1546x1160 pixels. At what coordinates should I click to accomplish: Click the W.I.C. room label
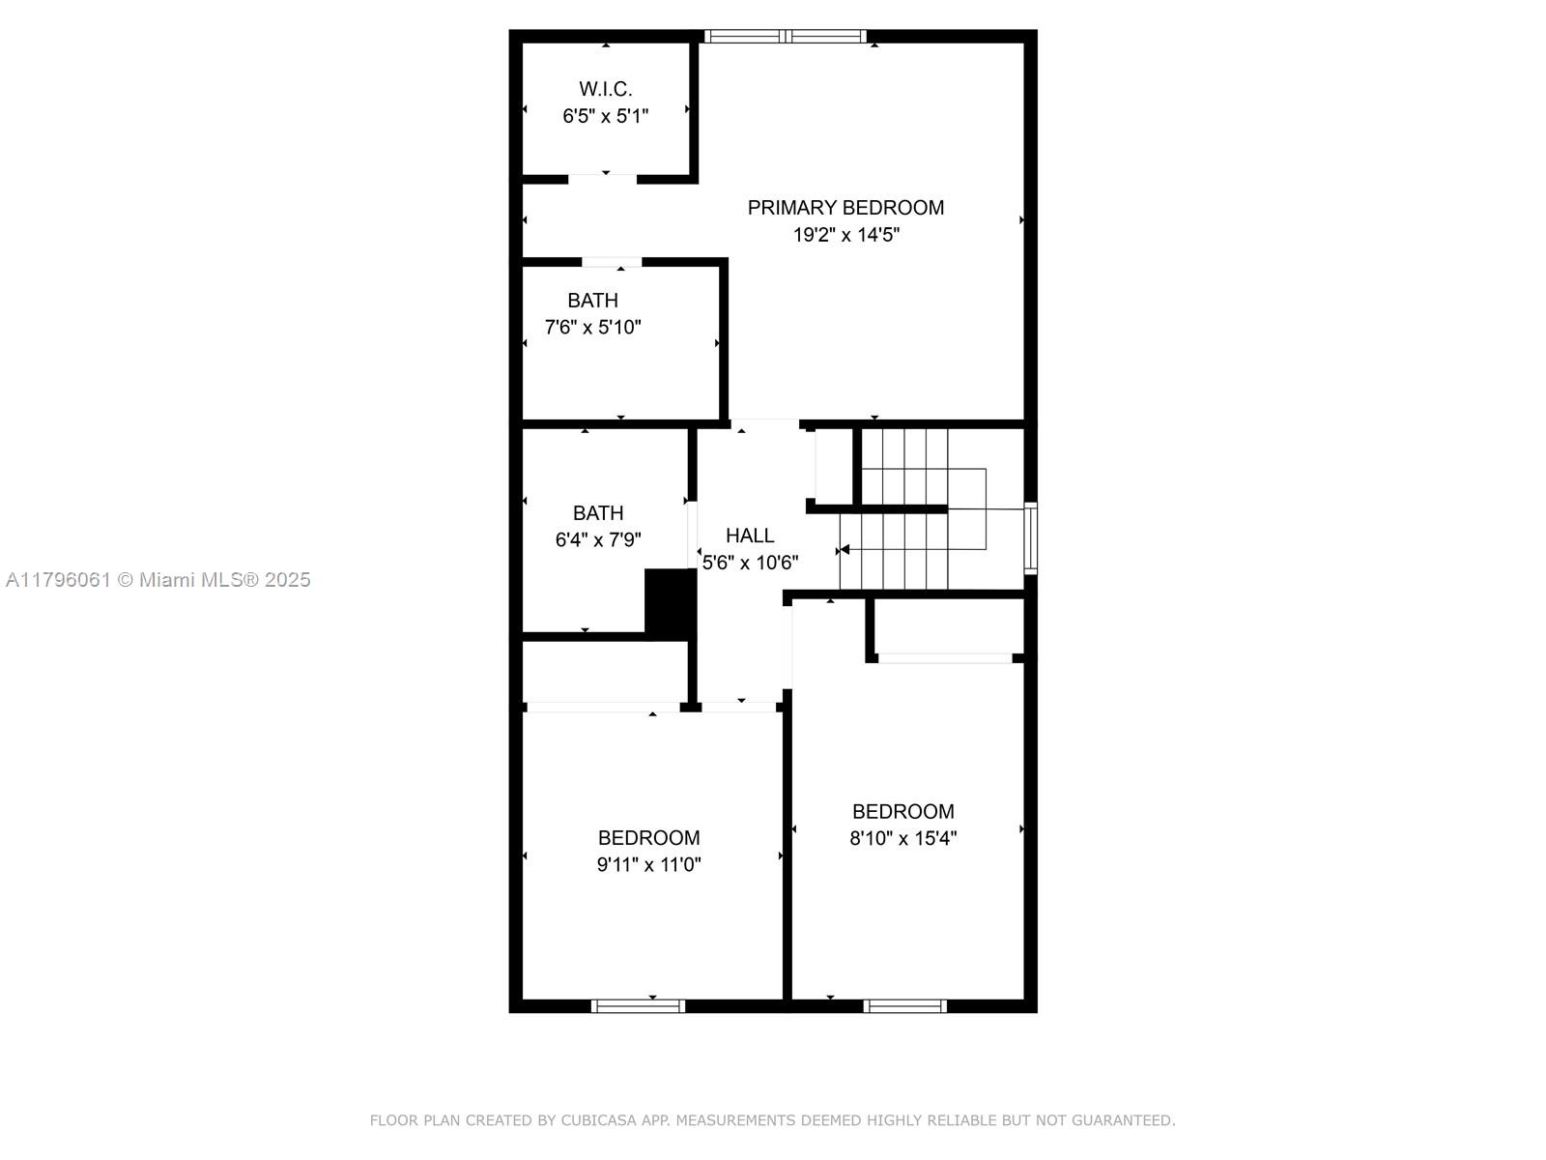coord(605,90)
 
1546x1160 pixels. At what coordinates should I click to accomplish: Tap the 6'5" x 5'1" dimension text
coord(605,116)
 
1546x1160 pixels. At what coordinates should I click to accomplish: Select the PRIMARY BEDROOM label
coord(845,208)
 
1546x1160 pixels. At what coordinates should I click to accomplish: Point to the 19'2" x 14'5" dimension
coord(845,235)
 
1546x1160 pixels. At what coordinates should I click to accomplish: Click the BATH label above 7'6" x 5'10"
coord(592,301)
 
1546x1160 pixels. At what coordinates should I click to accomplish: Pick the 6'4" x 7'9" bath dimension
coord(598,540)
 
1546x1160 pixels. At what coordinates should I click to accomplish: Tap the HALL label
coord(750,536)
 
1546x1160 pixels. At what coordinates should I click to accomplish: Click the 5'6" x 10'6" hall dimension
coord(750,563)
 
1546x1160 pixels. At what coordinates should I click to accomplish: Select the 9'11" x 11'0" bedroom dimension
coord(648,865)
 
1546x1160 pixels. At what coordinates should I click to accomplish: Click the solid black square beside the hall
coord(670,604)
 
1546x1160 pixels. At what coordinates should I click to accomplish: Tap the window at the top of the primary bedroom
coord(786,37)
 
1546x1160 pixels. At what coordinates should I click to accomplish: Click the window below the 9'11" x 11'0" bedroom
coord(638,1005)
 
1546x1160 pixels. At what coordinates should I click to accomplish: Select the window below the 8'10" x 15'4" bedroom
coord(905,1005)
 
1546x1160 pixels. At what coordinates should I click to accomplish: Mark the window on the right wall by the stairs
coord(1030,538)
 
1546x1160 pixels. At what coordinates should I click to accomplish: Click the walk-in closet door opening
coord(602,179)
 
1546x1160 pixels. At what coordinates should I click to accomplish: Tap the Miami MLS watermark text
coord(157,580)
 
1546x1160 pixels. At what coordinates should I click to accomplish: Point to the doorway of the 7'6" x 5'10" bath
coord(612,262)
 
